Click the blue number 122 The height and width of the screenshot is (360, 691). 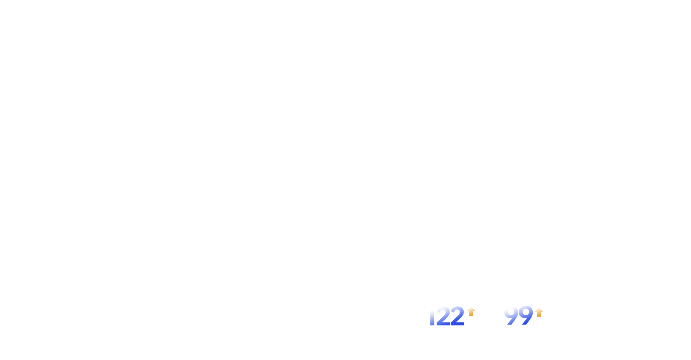pos(446,316)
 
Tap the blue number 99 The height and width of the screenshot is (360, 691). pos(518,316)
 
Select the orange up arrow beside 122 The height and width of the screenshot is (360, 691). pos(471,312)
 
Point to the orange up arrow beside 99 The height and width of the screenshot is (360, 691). pos(539,312)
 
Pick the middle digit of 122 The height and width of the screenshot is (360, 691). pos(443,316)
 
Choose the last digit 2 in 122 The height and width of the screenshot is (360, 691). pos(457,316)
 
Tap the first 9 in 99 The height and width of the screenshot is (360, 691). pos(511,316)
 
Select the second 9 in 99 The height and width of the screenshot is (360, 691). pos(525,316)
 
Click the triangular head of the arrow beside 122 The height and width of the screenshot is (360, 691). pos(471,310)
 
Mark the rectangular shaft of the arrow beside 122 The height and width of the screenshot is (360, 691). pos(471,314)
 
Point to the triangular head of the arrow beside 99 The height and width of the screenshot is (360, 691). pos(539,310)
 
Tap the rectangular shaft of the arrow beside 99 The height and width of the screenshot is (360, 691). pos(539,315)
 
